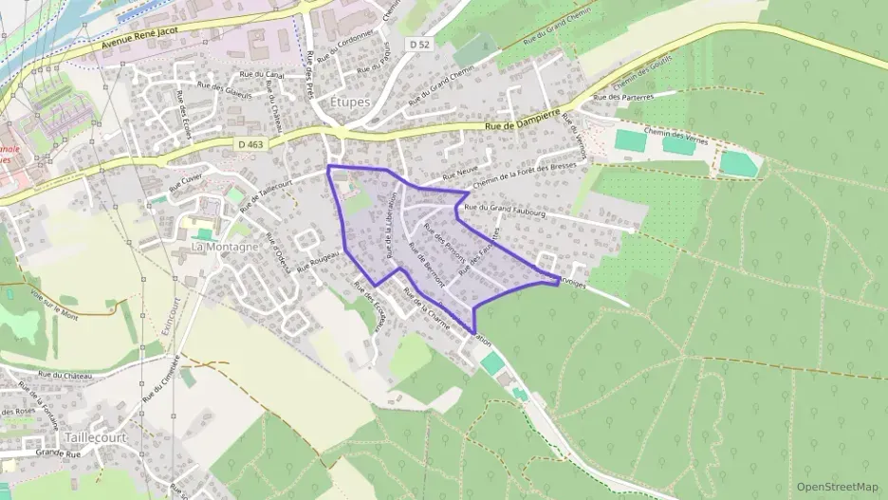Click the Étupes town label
click(350, 102)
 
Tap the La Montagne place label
click(226, 247)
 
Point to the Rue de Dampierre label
click(523, 122)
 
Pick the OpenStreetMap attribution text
click(837, 487)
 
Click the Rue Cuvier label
click(187, 182)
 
